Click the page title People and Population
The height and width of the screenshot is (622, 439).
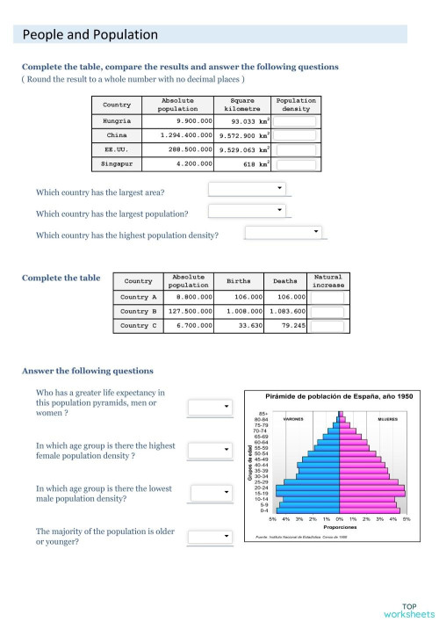pos(90,35)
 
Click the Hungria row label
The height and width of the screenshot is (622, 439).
pos(117,120)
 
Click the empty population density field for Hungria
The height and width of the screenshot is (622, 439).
pos(295,121)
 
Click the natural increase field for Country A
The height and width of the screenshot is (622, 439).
pos(327,297)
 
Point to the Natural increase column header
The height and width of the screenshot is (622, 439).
pos(327,281)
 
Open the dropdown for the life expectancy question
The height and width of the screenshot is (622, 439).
pos(210,406)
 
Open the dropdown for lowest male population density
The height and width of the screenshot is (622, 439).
pos(210,493)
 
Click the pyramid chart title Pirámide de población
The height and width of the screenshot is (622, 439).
pos(327,397)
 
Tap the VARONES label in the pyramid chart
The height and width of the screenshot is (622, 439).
pos(292,420)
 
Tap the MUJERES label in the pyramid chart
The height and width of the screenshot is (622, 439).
pos(387,420)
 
